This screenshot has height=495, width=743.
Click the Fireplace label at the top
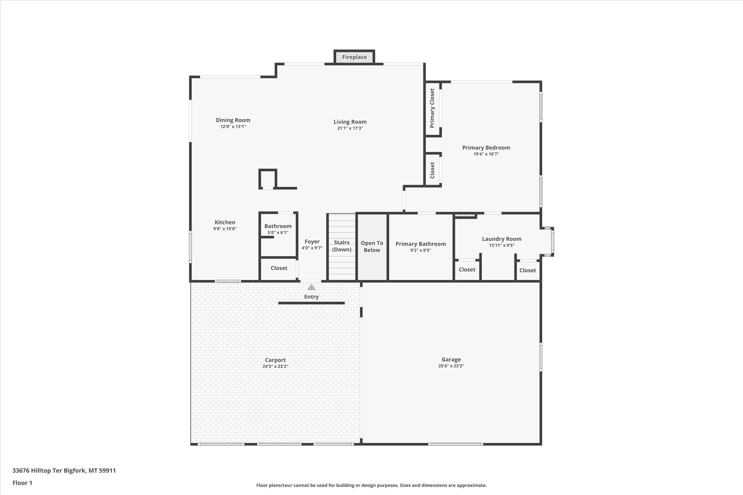(x=354, y=57)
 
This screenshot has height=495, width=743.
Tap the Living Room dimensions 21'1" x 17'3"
(x=350, y=128)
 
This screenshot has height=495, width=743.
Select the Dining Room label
(x=233, y=120)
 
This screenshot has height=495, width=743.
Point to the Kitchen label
(x=225, y=222)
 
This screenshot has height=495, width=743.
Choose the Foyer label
(x=312, y=242)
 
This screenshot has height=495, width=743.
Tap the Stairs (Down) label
(x=342, y=246)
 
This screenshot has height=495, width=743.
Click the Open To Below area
(x=372, y=247)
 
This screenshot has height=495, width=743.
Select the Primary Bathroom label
(x=420, y=244)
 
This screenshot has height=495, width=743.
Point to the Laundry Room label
(x=501, y=239)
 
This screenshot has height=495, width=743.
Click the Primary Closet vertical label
(x=432, y=108)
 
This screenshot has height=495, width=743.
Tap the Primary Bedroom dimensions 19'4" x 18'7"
(x=486, y=154)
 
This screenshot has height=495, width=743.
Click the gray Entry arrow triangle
(x=311, y=287)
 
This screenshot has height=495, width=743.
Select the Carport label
(x=275, y=360)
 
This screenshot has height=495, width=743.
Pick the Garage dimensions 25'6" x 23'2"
(x=451, y=366)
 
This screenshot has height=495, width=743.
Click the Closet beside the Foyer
(x=279, y=268)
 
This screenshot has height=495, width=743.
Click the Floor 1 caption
(x=22, y=483)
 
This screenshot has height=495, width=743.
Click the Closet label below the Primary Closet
(x=432, y=170)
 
